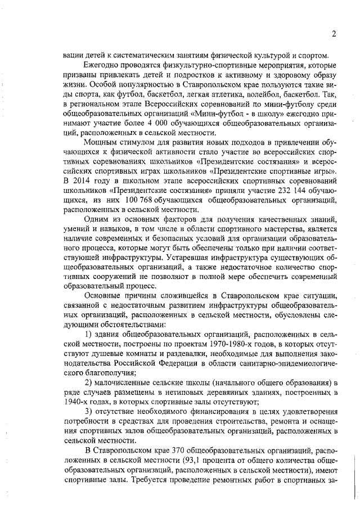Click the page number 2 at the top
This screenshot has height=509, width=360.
[x=334, y=33]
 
